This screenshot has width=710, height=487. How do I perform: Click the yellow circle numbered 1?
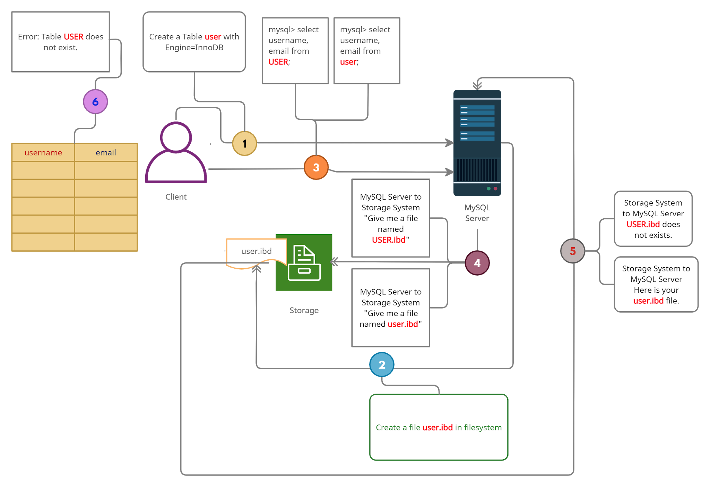click(x=244, y=143)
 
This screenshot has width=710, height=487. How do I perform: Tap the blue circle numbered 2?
click(x=382, y=365)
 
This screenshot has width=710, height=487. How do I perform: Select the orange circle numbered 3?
click(x=316, y=168)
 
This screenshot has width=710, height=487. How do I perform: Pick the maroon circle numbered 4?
click(x=477, y=263)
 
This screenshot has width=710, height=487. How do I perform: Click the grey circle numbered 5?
click(x=573, y=251)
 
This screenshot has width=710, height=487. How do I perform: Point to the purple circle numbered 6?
click(x=95, y=102)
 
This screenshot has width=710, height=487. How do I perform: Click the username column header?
click(x=43, y=153)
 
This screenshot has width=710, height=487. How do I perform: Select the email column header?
click(x=106, y=153)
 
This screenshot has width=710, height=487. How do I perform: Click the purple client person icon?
click(x=176, y=153)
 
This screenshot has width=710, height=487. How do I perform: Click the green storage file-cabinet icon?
click(x=304, y=263)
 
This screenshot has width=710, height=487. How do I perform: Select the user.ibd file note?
click(x=256, y=251)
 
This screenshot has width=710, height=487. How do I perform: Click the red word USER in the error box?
click(x=73, y=37)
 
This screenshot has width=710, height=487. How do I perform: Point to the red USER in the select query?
click(x=278, y=62)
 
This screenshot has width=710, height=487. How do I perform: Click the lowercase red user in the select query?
click(x=348, y=62)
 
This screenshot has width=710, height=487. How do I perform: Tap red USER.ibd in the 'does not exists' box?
click(x=643, y=225)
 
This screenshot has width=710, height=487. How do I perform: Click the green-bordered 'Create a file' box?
click(x=439, y=427)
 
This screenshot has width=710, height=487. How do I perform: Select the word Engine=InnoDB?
click(x=194, y=48)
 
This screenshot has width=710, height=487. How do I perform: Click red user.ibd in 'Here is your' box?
click(x=648, y=301)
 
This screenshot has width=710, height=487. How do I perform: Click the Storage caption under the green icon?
click(x=304, y=310)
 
